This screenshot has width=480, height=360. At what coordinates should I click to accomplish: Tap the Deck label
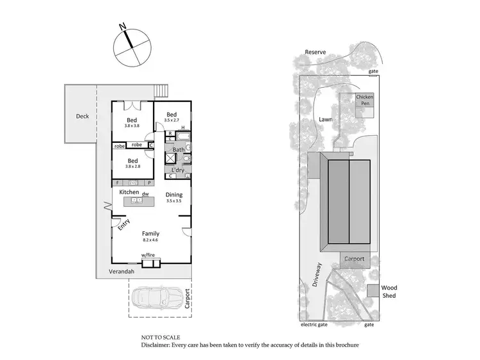click(83, 117)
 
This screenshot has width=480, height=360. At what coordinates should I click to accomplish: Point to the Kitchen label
click(129, 192)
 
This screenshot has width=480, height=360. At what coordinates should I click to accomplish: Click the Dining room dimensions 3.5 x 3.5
click(174, 201)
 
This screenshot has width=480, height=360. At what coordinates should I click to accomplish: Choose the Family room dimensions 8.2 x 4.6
click(151, 241)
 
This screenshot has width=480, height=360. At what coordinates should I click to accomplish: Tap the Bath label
click(179, 150)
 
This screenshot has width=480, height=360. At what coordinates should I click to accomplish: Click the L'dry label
click(178, 170)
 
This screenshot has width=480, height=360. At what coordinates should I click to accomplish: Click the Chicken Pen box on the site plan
click(365, 101)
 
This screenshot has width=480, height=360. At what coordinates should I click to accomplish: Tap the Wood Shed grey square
click(373, 290)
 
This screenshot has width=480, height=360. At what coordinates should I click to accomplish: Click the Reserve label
click(316, 52)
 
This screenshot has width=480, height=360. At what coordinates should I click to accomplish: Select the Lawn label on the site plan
click(326, 119)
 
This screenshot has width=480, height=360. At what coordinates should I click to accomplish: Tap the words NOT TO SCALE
click(161, 337)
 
